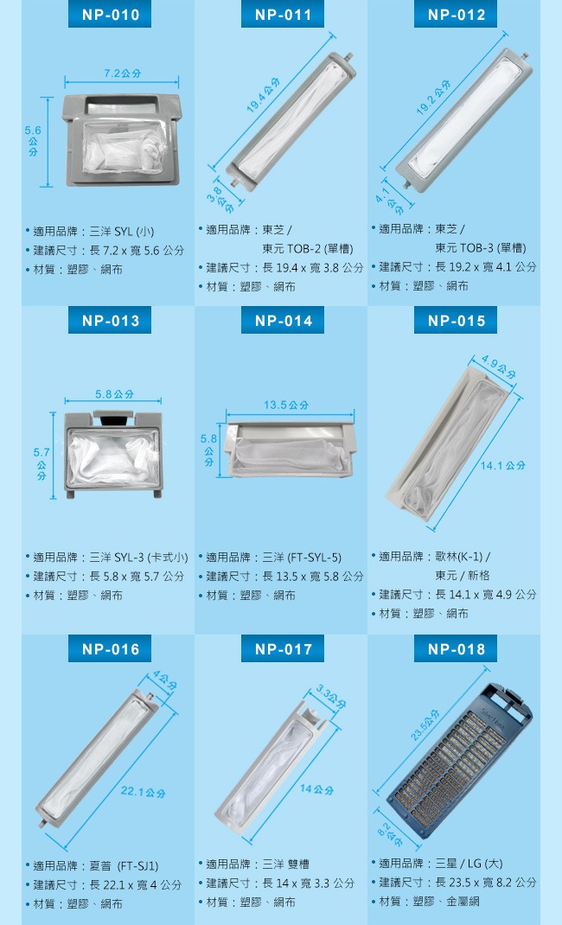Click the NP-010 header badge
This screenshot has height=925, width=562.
click(x=110, y=14)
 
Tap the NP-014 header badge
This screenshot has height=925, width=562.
click(x=283, y=321)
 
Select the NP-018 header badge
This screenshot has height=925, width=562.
click(x=456, y=649)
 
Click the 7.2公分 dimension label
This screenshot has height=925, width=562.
click(x=123, y=73)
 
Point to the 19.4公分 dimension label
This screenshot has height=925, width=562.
click(x=263, y=94)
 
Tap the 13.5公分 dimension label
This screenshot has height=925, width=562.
click(x=286, y=405)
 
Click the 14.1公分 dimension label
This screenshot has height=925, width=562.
click(x=502, y=465)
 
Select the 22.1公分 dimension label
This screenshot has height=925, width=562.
click(x=144, y=792)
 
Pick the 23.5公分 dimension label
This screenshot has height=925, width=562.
click(x=425, y=724)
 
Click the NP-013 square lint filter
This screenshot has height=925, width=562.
click(x=113, y=454)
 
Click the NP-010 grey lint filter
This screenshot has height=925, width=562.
click(x=122, y=140)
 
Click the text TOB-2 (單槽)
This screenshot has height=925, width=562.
click(x=308, y=249)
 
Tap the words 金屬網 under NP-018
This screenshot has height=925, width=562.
click(x=463, y=901)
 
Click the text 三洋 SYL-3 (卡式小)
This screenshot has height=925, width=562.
click(x=138, y=558)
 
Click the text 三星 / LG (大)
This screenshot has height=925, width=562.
click(x=469, y=864)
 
